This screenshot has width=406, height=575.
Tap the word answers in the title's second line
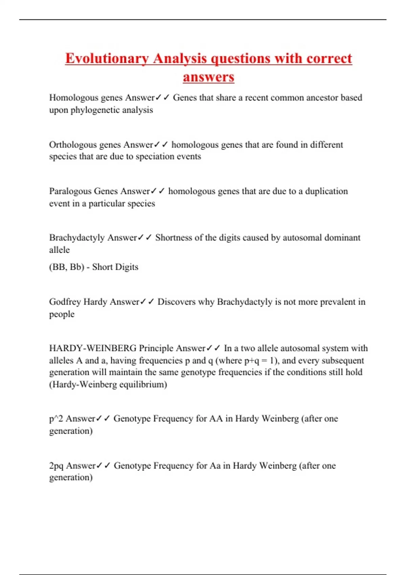pos(208,77)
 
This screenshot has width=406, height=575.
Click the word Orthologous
pos(68,145)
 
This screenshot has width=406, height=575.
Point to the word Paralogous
pos(70,191)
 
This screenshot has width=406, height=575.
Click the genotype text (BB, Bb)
pos(67,267)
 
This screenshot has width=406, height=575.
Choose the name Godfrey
pos(65,302)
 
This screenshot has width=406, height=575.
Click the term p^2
pos(56,419)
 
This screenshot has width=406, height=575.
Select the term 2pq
pos(56,466)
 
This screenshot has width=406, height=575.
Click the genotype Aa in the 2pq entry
pos(215,466)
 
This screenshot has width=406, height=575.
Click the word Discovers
pos(177,302)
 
